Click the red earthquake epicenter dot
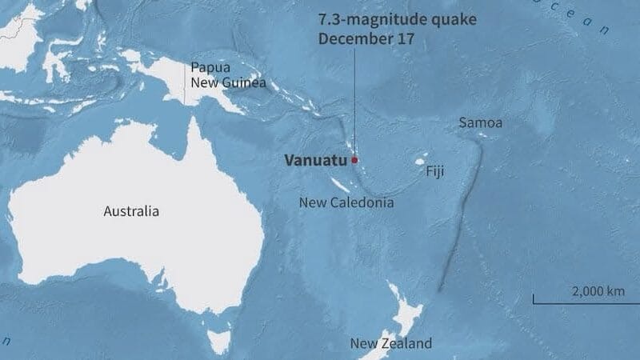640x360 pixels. [354, 159]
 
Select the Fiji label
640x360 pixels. [434, 171]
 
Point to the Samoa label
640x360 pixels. [480, 123]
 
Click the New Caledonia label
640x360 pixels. [346, 202]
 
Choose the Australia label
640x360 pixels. [131, 211]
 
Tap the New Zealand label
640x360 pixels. [390, 343]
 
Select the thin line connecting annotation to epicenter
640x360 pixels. [353, 104]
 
